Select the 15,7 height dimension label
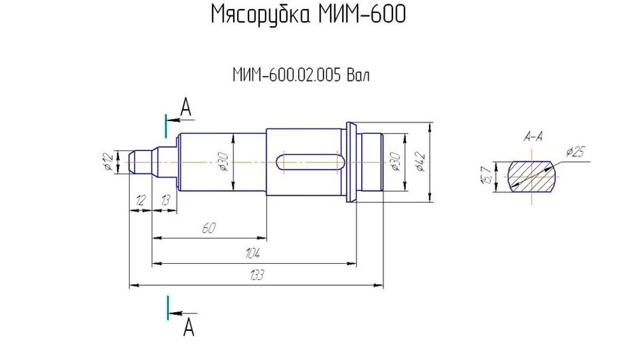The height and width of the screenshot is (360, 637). point(486,176)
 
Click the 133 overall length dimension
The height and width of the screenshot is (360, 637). point(256,275)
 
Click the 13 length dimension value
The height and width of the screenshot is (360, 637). point(165,201)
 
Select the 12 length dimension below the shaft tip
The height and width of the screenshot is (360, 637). point(140,201)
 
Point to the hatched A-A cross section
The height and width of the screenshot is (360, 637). point(533,176)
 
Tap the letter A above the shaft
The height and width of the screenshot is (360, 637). point(185,107)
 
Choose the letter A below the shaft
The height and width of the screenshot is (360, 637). point(188,328)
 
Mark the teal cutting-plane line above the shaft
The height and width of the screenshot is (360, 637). point(166,126)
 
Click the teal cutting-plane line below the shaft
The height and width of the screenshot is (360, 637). point(168,307)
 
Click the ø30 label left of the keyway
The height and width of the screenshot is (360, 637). point(223,162)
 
